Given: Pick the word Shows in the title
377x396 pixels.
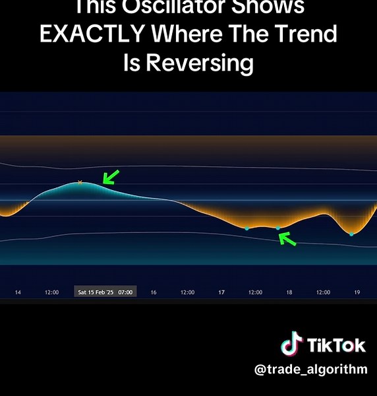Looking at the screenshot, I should click(x=272, y=7).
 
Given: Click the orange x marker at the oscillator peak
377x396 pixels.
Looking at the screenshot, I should click(x=80, y=182).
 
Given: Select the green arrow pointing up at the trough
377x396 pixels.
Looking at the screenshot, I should click(x=287, y=238).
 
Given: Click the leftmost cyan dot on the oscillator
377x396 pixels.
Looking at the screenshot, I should click(x=247, y=228).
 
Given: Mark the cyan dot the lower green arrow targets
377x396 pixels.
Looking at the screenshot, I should click(x=277, y=228).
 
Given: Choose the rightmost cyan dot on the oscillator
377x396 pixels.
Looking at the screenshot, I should click(x=351, y=234).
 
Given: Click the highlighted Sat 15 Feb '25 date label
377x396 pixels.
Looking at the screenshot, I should click(x=105, y=292).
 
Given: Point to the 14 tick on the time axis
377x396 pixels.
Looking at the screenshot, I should click(x=18, y=292).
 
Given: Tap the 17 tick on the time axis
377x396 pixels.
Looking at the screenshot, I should click(x=221, y=292).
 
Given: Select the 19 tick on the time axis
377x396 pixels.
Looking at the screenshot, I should click(x=357, y=292).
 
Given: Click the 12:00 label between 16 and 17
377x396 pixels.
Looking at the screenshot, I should click(x=187, y=292).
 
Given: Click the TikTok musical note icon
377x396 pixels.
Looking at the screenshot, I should click(x=291, y=345).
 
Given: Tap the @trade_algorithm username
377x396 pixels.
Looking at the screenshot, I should click(x=311, y=370).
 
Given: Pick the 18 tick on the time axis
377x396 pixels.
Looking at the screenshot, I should click(x=289, y=292).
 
